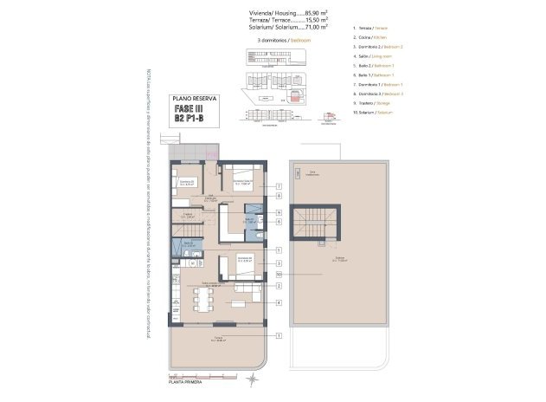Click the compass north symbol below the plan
(x=252, y=379)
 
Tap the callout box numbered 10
(x=279, y=274)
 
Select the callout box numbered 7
(x=279, y=186)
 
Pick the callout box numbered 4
(x=279, y=302)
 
